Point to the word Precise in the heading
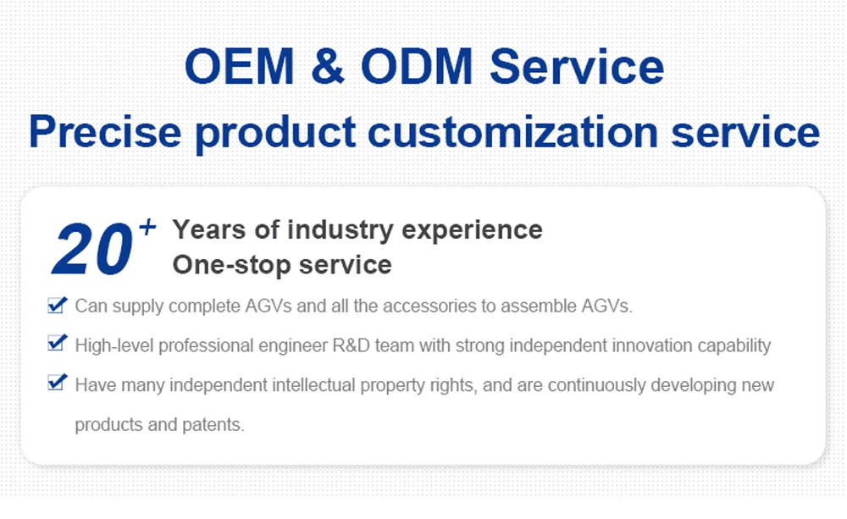pos(104,132)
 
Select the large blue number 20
pos(91,251)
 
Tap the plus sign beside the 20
pos(147,227)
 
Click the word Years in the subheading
pos(208,229)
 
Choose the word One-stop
pos(224,265)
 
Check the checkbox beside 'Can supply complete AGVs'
pos(57,305)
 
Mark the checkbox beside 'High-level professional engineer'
pos(57,344)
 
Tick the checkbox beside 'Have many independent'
pos(57,384)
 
